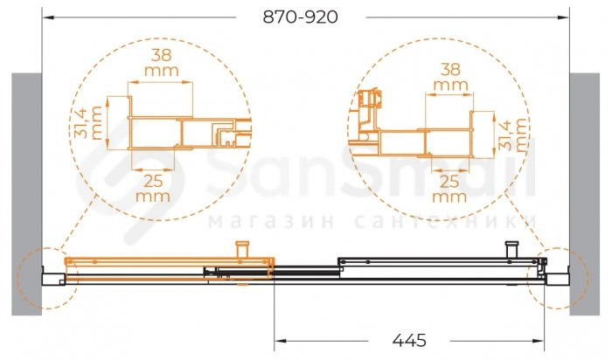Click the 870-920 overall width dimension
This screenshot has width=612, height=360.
[x=300, y=17]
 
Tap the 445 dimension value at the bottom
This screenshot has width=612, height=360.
[x=409, y=341]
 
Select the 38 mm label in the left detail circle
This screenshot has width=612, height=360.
[x=162, y=62]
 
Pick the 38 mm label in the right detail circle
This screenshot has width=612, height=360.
[x=451, y=77]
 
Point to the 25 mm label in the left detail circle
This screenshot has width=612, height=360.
[x=153, y=189]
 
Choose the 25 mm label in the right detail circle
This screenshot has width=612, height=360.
[x=449, y=189]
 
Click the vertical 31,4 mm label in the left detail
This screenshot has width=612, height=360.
[x=88, y=122]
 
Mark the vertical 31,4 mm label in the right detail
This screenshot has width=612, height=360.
[x=513, y=135]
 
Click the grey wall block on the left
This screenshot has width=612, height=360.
[x=26, y=194]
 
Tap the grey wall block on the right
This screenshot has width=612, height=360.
[x=584, y=194]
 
